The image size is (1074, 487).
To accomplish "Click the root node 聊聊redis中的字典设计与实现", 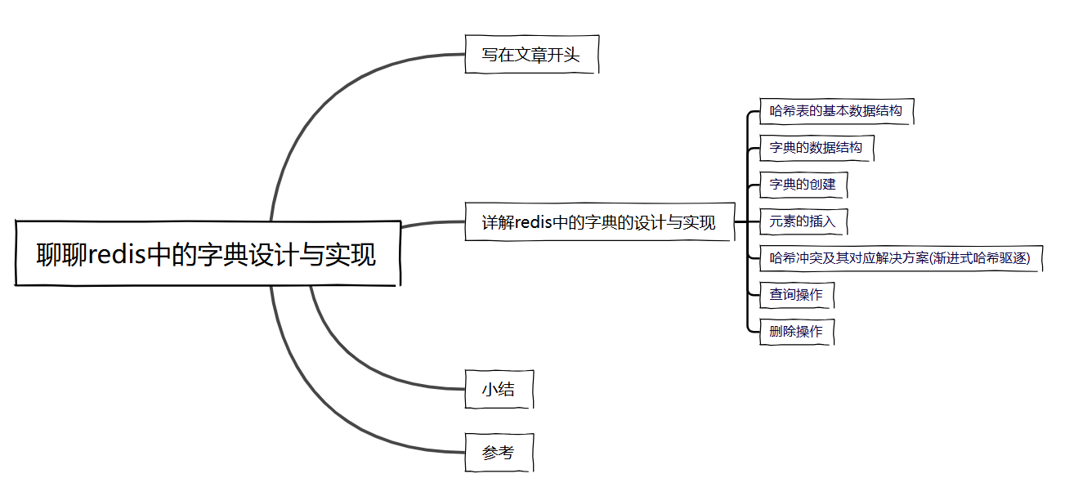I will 208,253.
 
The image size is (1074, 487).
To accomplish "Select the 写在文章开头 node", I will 531,55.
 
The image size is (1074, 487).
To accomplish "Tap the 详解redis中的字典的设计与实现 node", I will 599,222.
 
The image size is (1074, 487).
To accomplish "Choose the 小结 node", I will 499,390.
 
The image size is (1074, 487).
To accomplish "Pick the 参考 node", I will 499,453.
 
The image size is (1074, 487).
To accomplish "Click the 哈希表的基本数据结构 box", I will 835,110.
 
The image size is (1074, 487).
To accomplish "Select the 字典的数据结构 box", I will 816,148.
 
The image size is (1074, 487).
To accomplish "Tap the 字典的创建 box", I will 803,185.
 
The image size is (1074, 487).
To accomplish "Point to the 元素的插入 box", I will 803,221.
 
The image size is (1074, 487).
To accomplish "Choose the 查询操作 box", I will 796,295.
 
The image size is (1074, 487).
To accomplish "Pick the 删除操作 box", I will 796,332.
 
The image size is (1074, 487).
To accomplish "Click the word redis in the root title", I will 116,254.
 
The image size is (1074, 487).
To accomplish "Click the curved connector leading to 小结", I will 360,360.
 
